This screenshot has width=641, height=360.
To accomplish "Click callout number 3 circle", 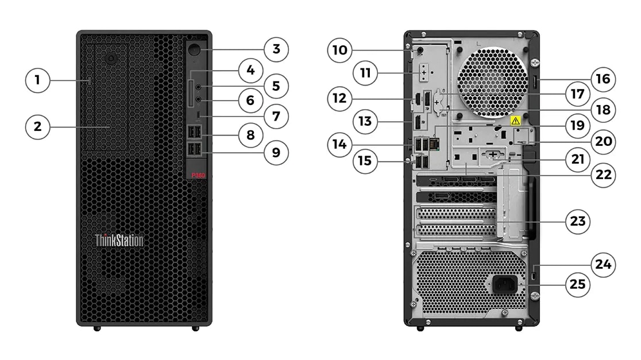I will pyautogui.click(x=276, y=49).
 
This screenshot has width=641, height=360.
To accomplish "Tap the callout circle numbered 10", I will pyautogui.click(x=339, y=50).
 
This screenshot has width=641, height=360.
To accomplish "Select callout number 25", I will pyautogui.click(x=577, y=284).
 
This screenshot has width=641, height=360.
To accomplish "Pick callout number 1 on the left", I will pyautogui.click(x=37, y=80).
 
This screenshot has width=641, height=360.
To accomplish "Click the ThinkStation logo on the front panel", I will pyautogui.click(x=119, y=240).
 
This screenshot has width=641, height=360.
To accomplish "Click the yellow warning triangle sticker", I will pyautogui.click(x=515, y=121).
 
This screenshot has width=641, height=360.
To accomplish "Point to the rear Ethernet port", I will pyautogui.click(x=434, y=144).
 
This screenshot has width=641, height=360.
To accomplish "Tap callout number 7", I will pyautogui.click(x=276, y=116).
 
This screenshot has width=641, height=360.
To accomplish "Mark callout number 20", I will pyautogui.click(x=603, y=141).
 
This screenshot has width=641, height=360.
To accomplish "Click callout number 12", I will pyautogui.click(x=339, y=98).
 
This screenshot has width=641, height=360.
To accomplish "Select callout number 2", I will pyautogui.click(x=37, y=126).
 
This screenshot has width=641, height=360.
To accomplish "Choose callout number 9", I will pyautogui.click(x=276, y=153).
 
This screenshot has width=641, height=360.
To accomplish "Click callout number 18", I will pyautogui.click(x=603, y=109).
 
